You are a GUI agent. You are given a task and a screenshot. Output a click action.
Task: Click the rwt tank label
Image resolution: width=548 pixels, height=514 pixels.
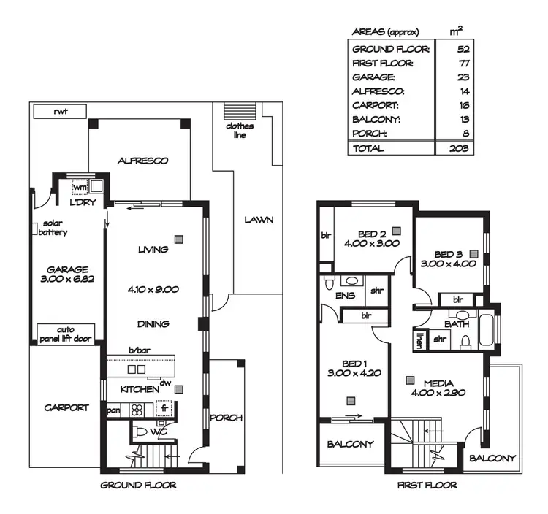pyautogui.click(x=60, y=112)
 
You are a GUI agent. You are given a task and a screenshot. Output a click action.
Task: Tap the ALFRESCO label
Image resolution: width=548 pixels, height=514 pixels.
pyautogui.click(x=143, y=161)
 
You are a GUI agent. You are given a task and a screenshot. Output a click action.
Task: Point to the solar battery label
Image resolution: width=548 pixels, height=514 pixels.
pyautogui.click(x=53, y=228)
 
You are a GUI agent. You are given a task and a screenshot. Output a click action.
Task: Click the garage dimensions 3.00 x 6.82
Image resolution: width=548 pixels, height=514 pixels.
pyautogui.click(x=67, y=279)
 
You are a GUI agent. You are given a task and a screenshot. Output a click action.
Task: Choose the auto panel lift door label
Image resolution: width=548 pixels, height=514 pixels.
pyautogui.click(x=67, y=334)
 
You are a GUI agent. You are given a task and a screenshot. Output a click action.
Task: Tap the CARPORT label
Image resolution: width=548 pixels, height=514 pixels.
pyautogui.click(x=66, y=407)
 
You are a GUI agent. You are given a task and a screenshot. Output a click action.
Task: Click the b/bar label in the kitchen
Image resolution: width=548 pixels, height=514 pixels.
pyautogui.click(x=140, y=352)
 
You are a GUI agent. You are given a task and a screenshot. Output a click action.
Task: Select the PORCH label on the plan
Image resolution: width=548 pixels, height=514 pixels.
pyautogui.click(x=227, y=418)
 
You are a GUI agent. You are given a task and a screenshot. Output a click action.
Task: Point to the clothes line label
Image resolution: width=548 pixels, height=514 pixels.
pyautogui.click(x=240, y=130)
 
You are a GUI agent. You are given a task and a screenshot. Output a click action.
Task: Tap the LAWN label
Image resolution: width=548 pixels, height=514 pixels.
pyautogui.click(x=259, y=219)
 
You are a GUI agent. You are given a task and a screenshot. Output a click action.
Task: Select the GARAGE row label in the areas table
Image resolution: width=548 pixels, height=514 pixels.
pyautogui.click(x=373, y=77)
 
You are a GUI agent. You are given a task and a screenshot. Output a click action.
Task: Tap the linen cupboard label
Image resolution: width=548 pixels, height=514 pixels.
pyautogui.click(x=420, y=340)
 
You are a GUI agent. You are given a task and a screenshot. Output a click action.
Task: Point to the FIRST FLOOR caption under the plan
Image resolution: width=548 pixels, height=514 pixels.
pyautogui.click(x=427, y=485)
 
